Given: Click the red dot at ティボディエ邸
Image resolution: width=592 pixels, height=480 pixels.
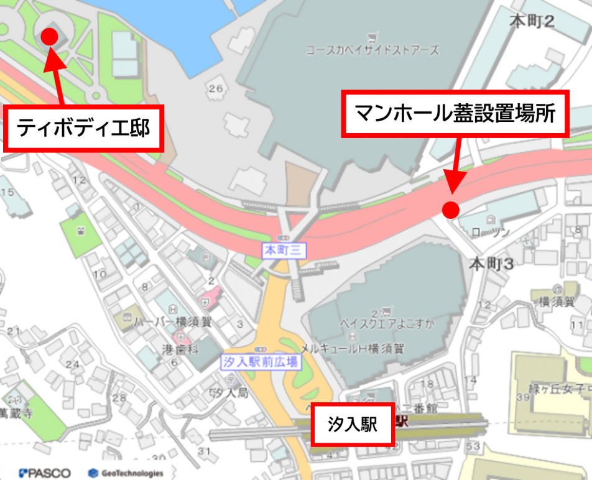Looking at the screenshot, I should point(49,37).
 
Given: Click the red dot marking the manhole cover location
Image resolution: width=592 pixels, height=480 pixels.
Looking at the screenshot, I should point(451,209).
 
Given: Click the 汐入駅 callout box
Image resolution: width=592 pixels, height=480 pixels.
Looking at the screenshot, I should point(353,425).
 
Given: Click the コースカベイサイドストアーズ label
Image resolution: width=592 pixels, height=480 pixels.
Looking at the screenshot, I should point(372,50).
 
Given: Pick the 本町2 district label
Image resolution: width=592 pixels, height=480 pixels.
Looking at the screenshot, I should point(532,22).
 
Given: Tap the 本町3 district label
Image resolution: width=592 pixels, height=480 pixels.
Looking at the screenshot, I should point(491,264).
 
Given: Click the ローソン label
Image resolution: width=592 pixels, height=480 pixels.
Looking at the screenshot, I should point(491,232).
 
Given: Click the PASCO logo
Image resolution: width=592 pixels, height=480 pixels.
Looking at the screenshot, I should point(45,473).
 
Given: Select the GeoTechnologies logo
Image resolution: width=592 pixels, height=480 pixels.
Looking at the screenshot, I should point(126,473).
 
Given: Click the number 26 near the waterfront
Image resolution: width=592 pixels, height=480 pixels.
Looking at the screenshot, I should point(215,89).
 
